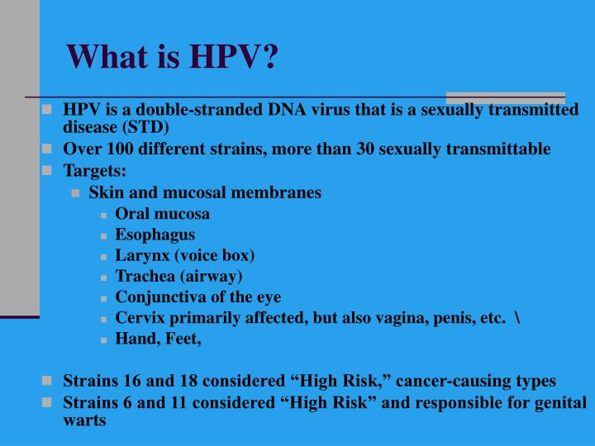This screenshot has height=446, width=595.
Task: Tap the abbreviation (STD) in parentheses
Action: pos(145,127)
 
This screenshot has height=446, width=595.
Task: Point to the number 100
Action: pos(120,149)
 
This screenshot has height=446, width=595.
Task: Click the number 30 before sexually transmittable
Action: pos(365,149)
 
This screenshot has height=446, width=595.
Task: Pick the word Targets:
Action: pos(94,171)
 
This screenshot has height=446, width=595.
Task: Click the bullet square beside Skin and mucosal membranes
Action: pos(75,193)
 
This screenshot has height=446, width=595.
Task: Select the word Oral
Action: pos(131,214)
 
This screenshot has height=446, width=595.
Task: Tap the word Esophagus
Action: pos(155,235)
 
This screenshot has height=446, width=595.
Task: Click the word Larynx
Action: pos(142,255)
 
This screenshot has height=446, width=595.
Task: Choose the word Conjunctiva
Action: pos(161,297)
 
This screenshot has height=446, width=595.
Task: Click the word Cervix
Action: pos(140,318)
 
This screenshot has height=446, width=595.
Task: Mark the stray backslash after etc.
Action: pos(517,318)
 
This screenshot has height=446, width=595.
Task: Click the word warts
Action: pos(84,420)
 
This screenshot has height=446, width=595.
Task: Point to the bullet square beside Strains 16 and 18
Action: pos(46,381)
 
